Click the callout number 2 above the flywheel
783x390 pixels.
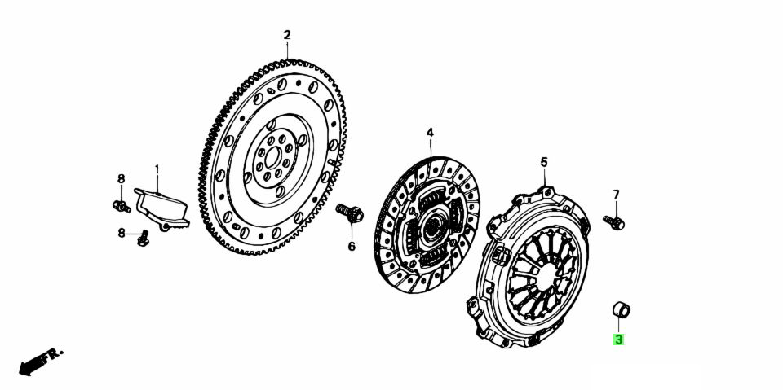(286, 35)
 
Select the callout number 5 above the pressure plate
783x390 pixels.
(544, 161)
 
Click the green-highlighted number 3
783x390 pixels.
(619, 340)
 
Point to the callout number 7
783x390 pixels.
(616, 194)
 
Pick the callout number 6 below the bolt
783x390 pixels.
(352, 247)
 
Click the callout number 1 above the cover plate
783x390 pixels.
(157, 169)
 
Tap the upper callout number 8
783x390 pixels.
(121, 178)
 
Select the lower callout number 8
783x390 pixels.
(122, 233)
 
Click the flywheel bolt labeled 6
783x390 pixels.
(350, 213)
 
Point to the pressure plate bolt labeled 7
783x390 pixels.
(613, 222)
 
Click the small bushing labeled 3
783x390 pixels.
(622, 309)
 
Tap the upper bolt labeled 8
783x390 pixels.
(122, 205)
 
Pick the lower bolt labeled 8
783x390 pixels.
(143, 239)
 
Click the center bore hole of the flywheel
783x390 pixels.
(272, 158)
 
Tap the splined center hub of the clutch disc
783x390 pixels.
(430, 229)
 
